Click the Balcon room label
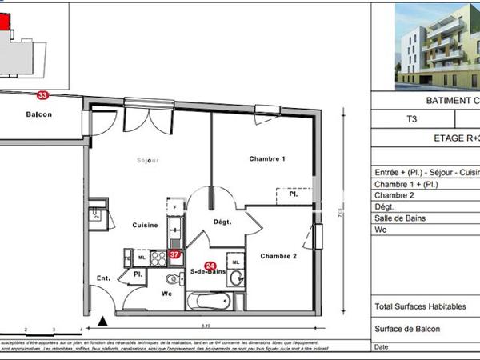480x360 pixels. [x=38, y=114]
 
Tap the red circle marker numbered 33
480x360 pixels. [x=42, y=95]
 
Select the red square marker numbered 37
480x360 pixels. [x=174, y=255]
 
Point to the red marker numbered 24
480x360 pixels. [x=210, y=266]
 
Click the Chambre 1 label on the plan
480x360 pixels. [x=267, y=159]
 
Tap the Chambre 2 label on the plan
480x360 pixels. [x=278, y=256]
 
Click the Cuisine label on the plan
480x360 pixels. [x=146, y=226]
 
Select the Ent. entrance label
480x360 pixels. [x=103, y=278]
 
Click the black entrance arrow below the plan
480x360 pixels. [x=102, y=321]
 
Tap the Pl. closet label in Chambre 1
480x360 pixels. [x=294, y=193]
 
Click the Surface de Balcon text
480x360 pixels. [x=407, y=329]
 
